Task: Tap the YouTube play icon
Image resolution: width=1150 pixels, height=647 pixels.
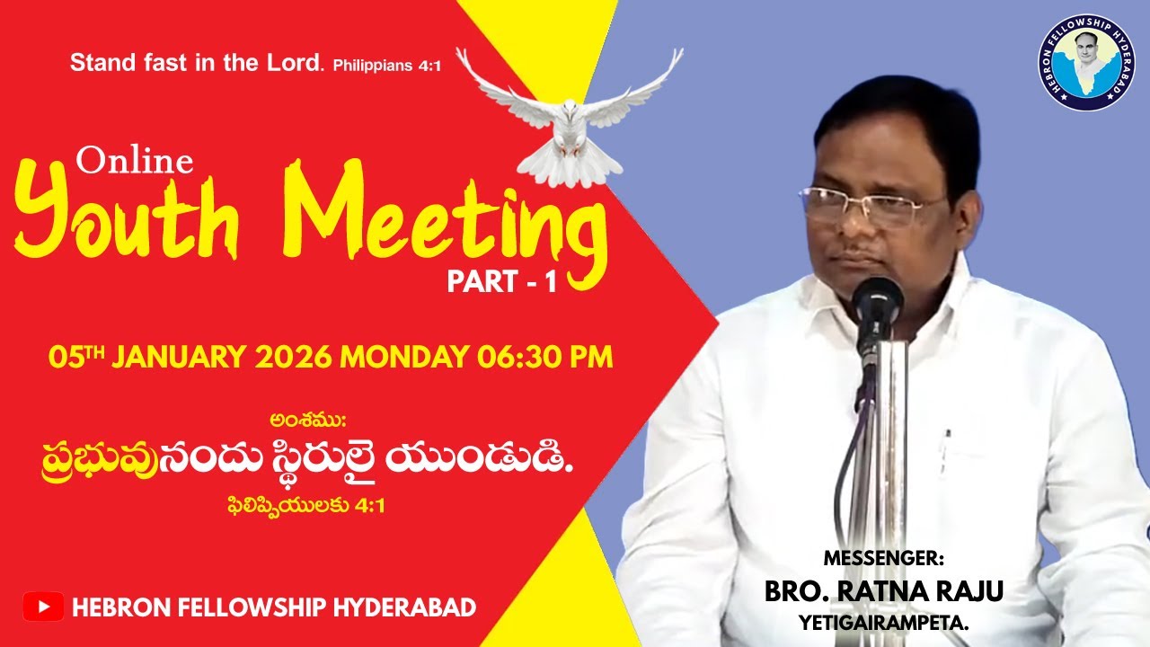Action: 43,607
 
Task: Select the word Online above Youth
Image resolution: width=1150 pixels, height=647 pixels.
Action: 135,161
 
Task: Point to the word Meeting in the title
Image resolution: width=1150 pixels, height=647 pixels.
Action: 449,216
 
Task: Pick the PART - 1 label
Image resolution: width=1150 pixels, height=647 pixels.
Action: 502,283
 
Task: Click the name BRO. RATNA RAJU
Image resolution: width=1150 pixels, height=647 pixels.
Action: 884,591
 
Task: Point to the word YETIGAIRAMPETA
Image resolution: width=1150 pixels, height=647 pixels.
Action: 884,621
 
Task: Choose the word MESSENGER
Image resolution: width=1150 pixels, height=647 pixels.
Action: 884,559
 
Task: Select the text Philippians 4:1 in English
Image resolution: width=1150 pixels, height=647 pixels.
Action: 386,66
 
